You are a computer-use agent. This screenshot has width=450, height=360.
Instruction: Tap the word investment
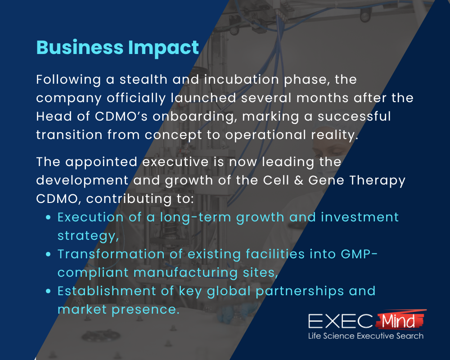(360, 217)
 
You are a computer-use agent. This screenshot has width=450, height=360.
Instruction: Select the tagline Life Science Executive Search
(365, 336)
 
